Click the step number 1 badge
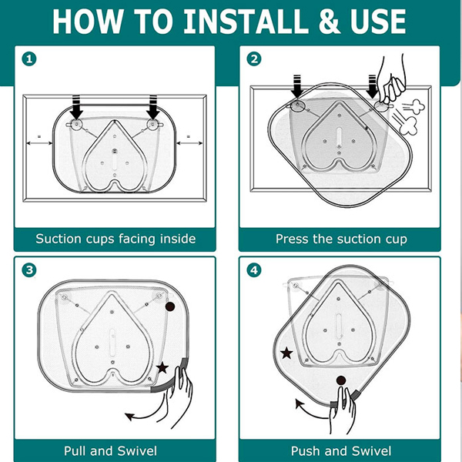tap(29, 59)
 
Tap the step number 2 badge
tap(254, 59)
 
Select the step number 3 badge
tap(29, 270)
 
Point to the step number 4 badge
tap(254, 270)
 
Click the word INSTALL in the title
tap(242, 22)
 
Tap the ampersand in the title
tap(330, 22)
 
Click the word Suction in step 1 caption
tap(59, 239)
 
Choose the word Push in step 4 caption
tap(305, 450)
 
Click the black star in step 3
tap(162, 368)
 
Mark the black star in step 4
tap(286, 353)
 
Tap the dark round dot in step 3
tap(170, 307)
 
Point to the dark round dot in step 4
tap(341, 380)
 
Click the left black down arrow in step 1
tap(76, 107)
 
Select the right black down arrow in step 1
tap(153, 107)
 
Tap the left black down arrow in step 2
tap(297, 85)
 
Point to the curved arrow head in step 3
tap(129, 417)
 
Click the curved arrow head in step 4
tap(300, 404)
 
